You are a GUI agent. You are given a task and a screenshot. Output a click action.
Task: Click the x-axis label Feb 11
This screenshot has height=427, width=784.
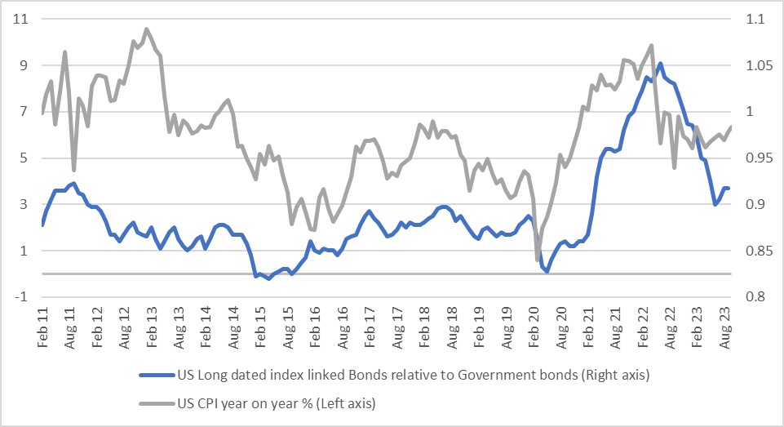coord(42,327)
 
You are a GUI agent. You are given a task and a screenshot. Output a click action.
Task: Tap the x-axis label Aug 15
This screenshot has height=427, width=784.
coord(289,327)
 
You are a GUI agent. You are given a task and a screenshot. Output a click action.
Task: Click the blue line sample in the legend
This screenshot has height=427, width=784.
coord(156,376)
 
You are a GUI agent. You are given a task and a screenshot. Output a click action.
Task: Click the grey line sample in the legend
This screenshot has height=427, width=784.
coord(156,403)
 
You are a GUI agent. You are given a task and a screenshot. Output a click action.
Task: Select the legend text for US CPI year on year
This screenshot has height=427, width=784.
coord(277,403)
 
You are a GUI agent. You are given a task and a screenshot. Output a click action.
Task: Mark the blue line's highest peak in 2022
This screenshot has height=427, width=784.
coord(659,63)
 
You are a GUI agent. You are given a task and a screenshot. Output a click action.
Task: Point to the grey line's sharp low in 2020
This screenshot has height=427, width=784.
coord(538,260)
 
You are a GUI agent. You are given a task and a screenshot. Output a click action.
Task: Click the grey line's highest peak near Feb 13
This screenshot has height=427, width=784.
coord(147,29)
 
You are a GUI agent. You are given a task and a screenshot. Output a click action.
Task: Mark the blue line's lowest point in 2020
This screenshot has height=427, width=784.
coord(547,271)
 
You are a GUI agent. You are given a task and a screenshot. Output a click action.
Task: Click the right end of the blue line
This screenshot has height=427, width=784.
coord(728,189)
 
